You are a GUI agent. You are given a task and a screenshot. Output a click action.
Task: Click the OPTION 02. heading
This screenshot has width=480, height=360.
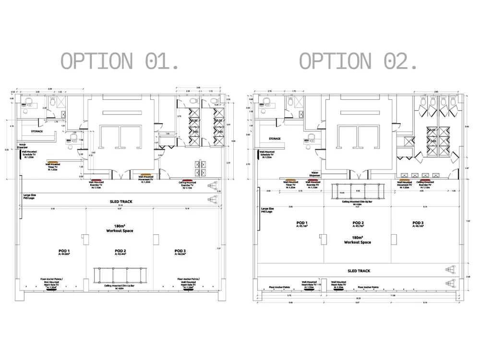pyautogui.click(x=358, y=61)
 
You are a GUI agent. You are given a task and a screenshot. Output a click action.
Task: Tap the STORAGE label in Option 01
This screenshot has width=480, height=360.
pyautogui.click(x=37, y=131)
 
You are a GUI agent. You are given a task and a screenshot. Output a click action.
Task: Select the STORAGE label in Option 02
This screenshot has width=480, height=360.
pyautogui.click(x=275, y=139)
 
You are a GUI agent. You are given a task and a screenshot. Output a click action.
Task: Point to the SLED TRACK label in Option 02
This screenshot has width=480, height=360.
pyautogui.click(x=359, y=271)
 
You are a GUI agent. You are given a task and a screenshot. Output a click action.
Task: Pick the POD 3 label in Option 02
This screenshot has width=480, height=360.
pyautogui.click(x=418, y=223)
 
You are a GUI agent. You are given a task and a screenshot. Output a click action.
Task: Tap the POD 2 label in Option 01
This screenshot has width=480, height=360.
pyautogui.click(x=120, y=251)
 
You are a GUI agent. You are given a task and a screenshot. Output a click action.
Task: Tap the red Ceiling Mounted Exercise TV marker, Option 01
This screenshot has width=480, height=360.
pyautogui.click(x=185, y=180)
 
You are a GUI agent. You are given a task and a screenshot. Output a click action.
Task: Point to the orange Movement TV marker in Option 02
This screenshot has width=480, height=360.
pyautogui.click(x=405, y=180)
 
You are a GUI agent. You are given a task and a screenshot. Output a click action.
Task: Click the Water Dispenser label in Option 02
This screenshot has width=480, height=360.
pyautogui.click(x=315, y=174)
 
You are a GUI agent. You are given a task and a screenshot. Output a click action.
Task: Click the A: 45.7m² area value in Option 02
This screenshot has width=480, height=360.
pyautogui.click(x=359, y=226)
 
